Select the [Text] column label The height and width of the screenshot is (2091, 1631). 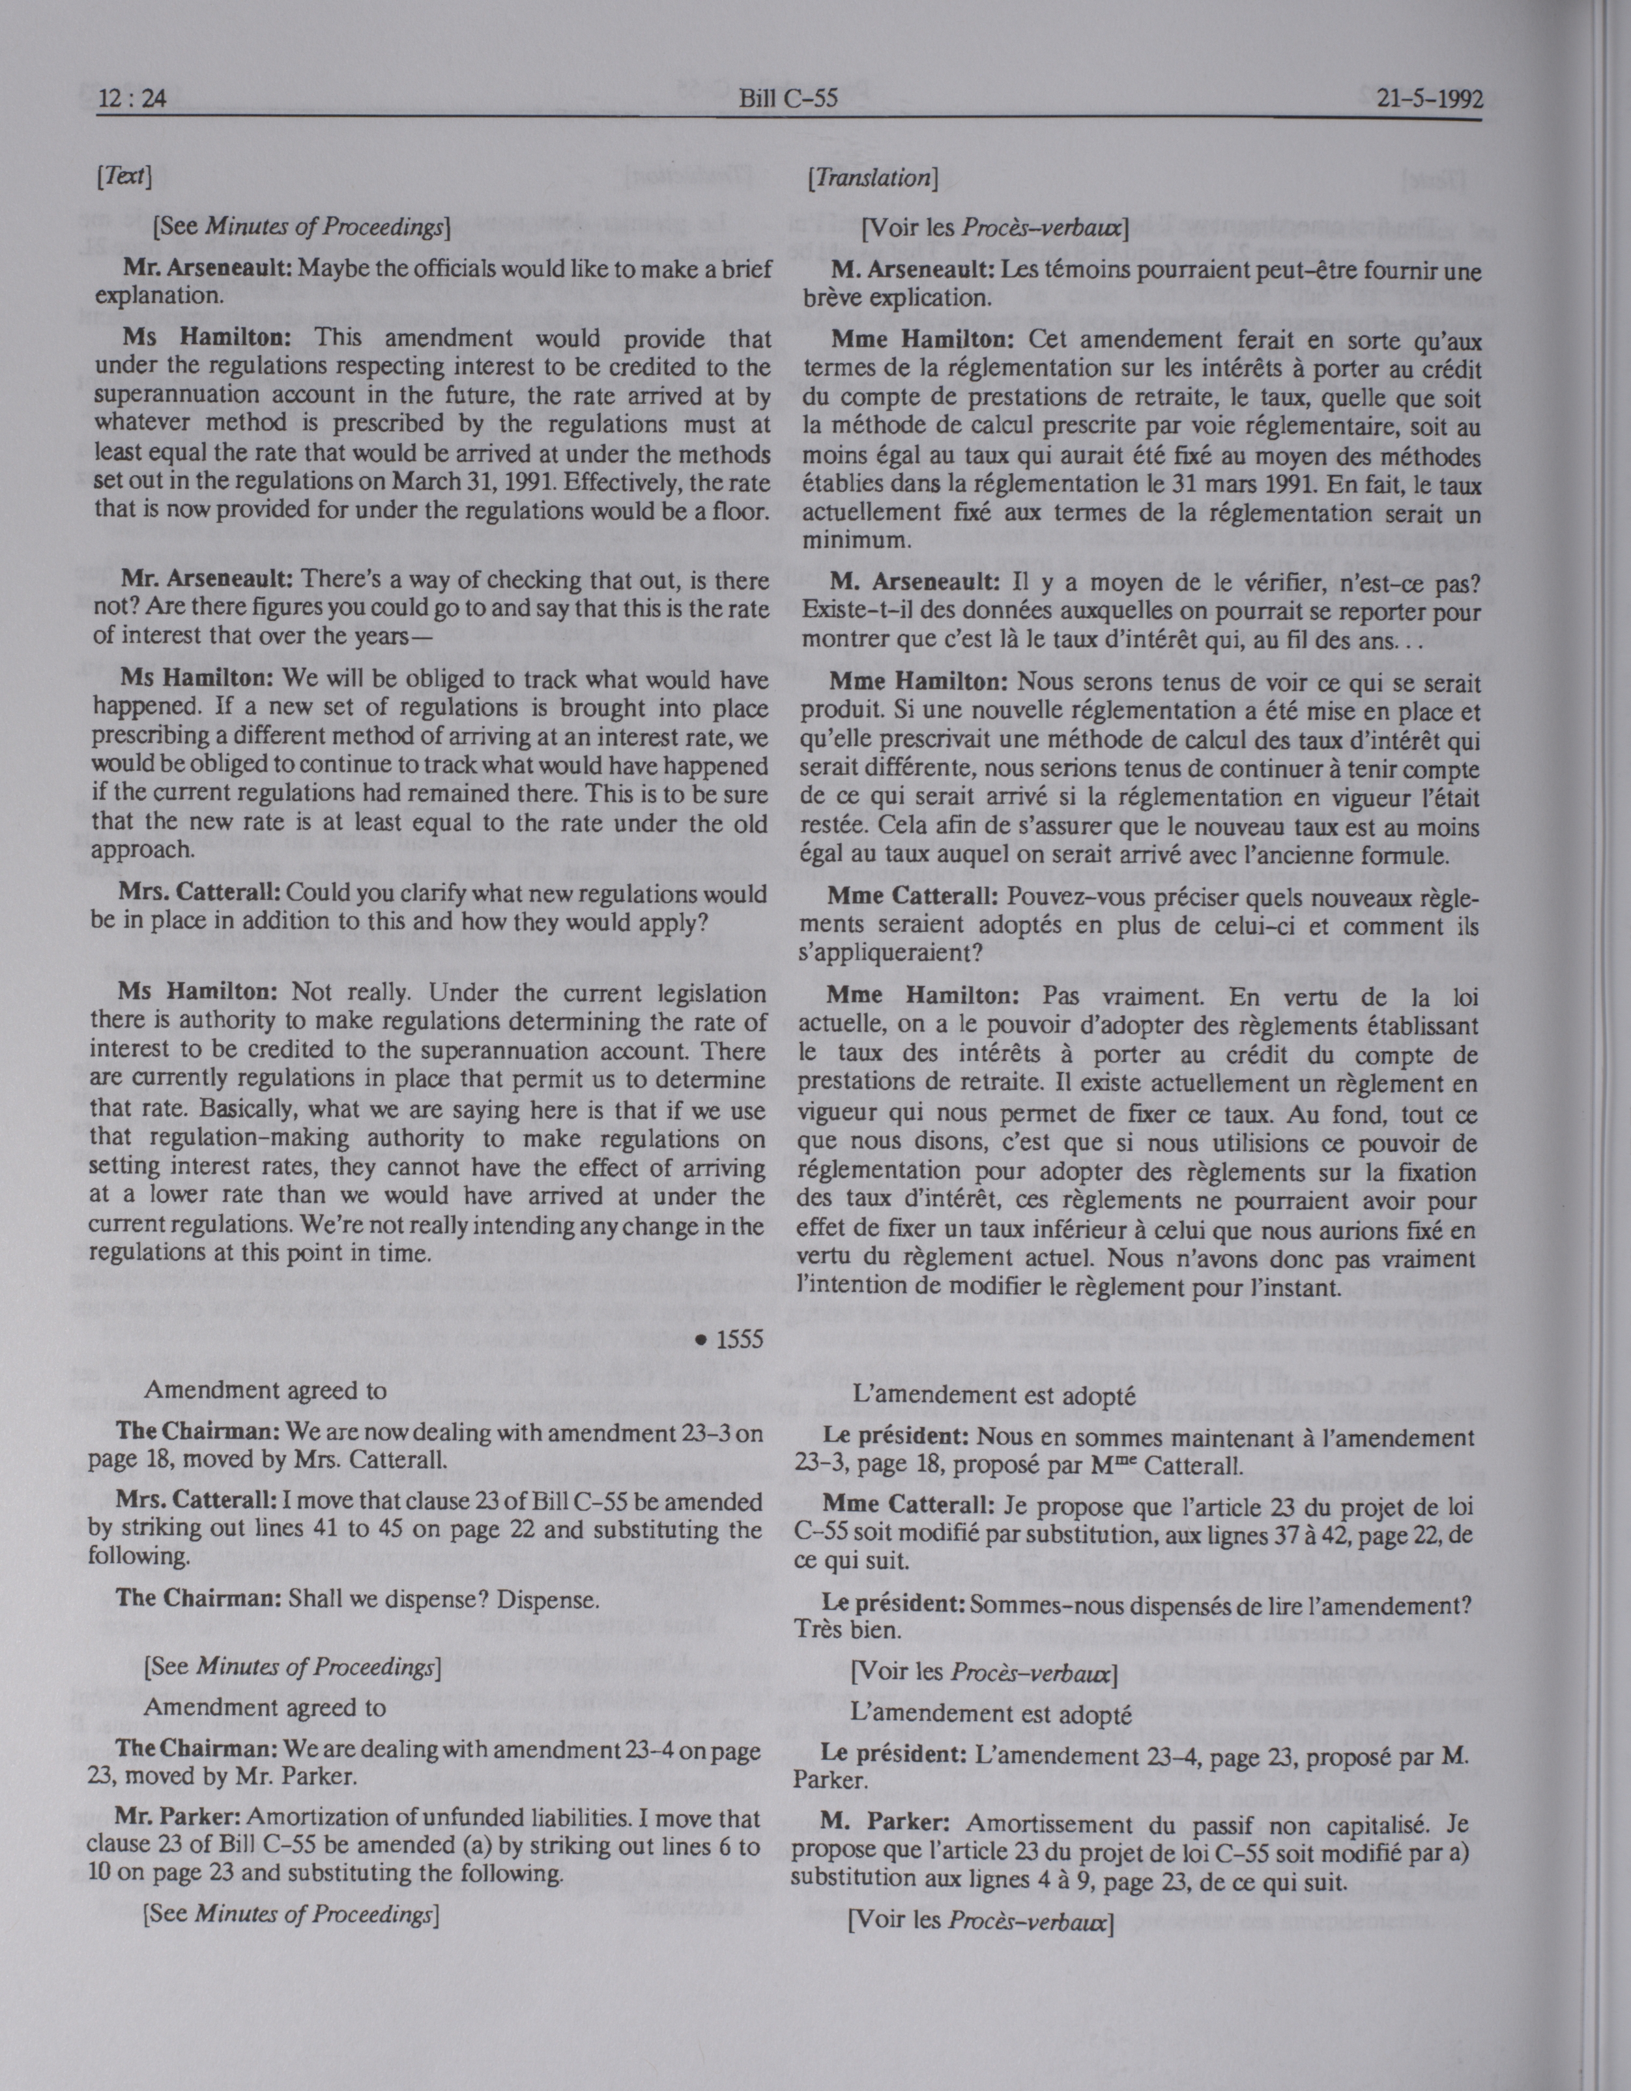click(127, 175)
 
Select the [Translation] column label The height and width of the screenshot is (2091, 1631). click(872, 177)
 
